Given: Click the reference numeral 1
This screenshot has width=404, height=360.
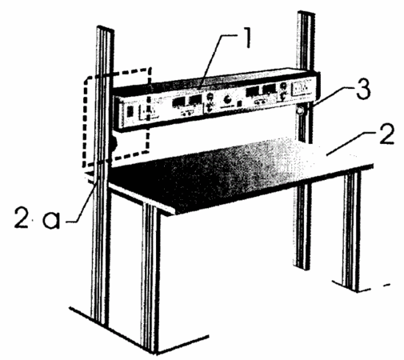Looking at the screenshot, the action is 248,38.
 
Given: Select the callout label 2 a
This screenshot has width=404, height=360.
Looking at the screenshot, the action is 38,218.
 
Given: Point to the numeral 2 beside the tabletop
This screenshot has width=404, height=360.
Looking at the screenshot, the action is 386,134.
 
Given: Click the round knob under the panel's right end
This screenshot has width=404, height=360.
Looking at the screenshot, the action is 301,110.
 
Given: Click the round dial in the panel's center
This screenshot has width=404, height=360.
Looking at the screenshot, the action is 228,100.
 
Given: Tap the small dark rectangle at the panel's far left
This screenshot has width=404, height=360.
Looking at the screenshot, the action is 130,111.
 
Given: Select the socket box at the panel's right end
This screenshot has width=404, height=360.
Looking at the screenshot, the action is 302,89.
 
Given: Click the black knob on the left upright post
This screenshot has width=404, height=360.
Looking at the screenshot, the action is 114,144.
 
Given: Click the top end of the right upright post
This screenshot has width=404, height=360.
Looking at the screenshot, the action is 306,13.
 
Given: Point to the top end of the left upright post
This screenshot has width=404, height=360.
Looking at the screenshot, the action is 106,28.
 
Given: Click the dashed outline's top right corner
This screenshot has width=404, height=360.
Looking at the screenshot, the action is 150,69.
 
